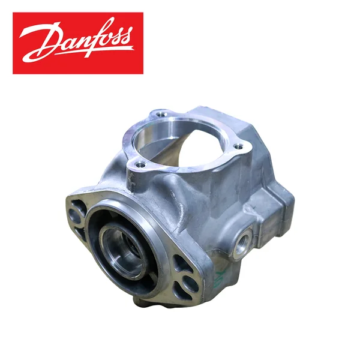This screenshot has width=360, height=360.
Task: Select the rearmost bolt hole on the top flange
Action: [x=160, y=113]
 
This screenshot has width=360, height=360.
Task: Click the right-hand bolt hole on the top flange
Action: [x=238, y=146]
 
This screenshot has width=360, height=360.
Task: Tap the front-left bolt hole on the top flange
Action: [x=139, y=164]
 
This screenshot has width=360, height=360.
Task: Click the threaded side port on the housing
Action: [x=242, y=242]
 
